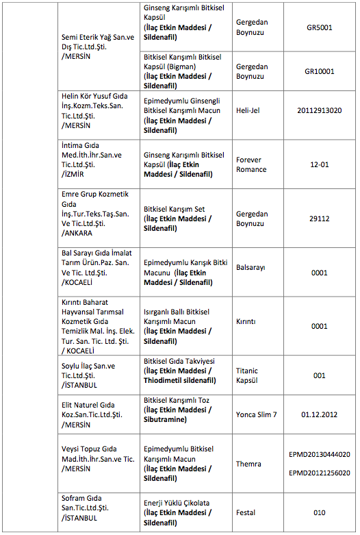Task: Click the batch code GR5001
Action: tap(320, 27)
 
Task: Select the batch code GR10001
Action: tap(320, 71)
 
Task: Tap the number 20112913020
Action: tap(320, 110)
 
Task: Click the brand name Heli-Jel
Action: tap(247, 110)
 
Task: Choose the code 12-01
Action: tap(320, 164)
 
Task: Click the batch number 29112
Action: tap(320, 219)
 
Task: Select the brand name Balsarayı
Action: tap(250, 267)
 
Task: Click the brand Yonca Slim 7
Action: tap(256, 414)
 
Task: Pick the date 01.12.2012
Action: tap(320, 414)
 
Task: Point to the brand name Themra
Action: tap(248, 464)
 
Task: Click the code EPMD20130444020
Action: tap(320, 454)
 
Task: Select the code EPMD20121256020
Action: tap(320, 473)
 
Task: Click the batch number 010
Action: tap(320, 512)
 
